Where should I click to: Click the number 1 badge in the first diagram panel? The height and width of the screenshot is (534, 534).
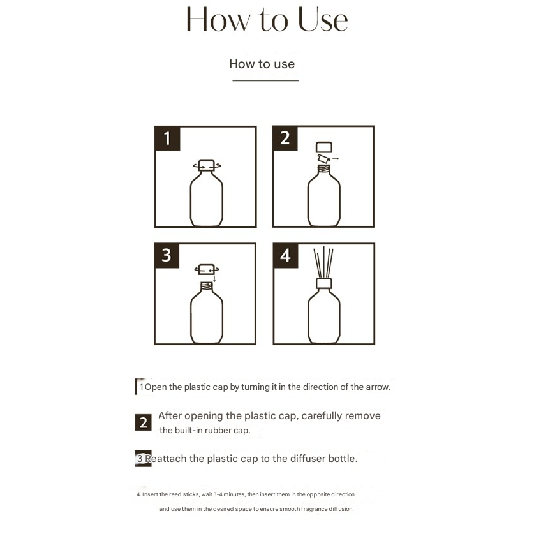(x=167, y=138)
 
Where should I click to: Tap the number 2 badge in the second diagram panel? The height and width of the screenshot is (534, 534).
(x=285, y=138)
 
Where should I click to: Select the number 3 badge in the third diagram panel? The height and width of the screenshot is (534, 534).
(x=167, y=255)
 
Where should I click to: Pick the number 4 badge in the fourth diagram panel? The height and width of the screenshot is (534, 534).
(x=285, y=255)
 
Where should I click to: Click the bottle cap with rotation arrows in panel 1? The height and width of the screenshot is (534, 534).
(x=206, y=165)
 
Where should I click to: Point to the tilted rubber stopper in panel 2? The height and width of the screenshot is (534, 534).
(x=323, y=159)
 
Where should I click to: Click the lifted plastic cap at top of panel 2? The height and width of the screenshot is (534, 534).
(x=324, y=147)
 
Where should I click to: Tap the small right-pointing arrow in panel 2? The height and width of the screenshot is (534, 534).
(x=336, y=159)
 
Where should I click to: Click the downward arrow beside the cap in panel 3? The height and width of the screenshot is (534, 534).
(x=214, y=278)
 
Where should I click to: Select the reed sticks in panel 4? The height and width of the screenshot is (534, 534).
(x=323, y=262)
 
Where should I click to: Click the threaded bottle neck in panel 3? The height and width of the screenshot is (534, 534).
(x=206, y=286)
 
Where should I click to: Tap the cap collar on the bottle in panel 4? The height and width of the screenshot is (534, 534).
(x=324, y=283)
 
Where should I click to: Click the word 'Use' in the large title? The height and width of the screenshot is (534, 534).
(x=323, y=20)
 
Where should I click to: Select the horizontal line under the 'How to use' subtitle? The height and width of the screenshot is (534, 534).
(x=265, y=81)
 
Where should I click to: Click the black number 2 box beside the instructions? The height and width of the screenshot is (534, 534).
(x=143, y=422)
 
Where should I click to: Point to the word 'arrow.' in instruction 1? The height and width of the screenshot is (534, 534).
(x=378, y=387)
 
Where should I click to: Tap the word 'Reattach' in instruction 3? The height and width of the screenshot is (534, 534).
(x=166, y=458)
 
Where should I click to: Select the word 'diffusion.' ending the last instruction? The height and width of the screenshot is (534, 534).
(x=341, y=508)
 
